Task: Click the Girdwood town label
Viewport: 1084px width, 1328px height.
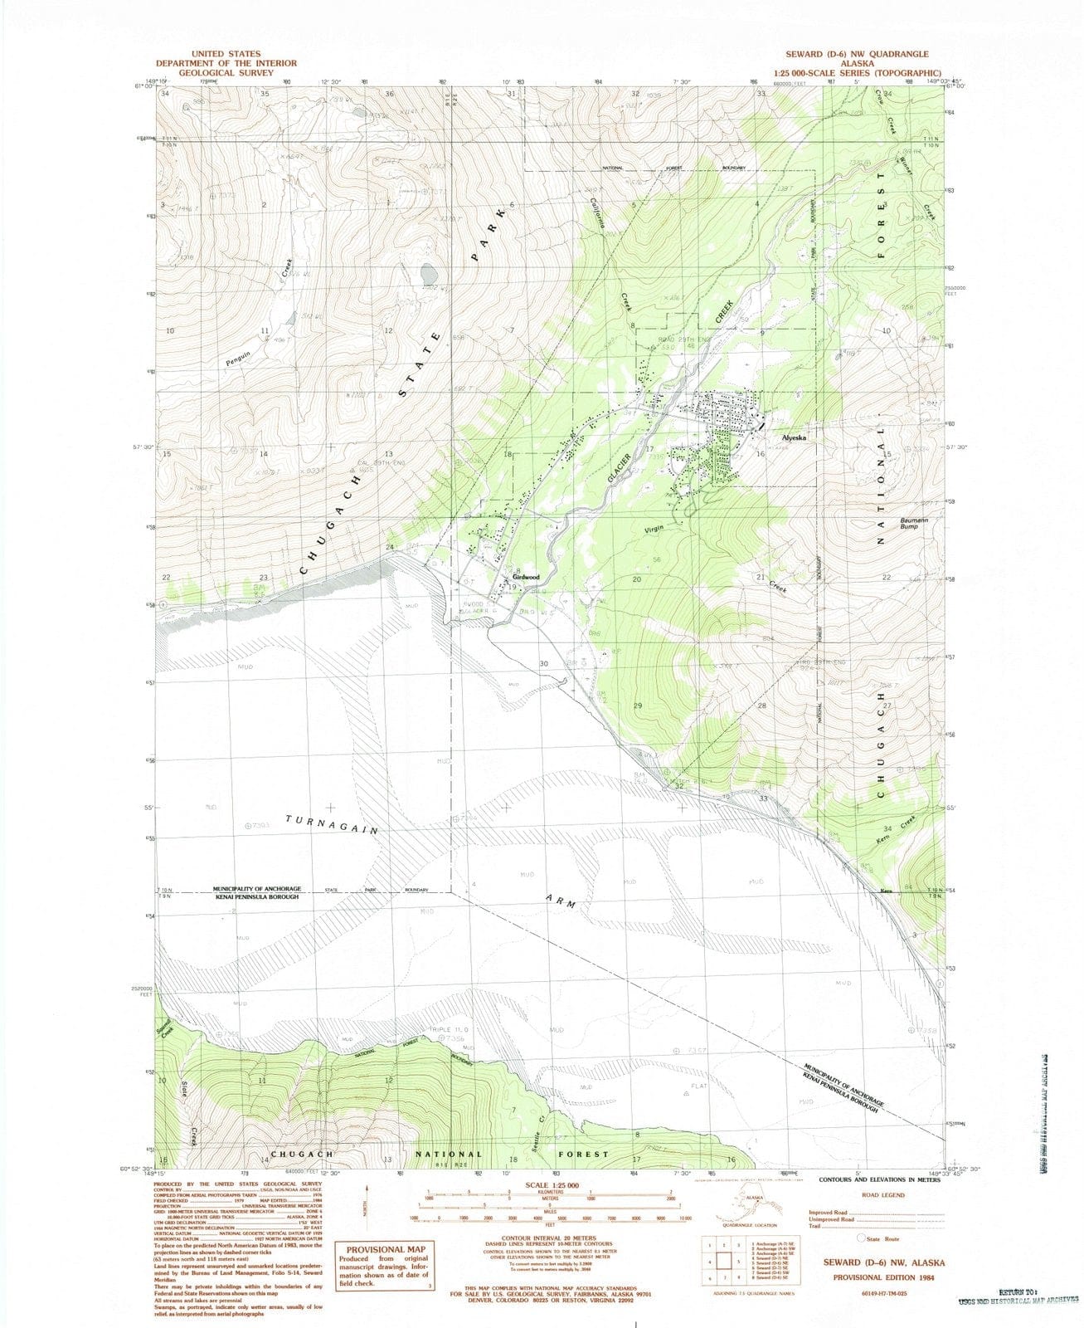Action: click(x=526, y=577)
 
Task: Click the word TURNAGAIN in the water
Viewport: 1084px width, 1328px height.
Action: click(x=332, y=824)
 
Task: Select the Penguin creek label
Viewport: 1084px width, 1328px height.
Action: click(x=237, y=357)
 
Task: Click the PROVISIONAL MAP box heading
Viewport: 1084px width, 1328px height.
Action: click(x=386, y=1249)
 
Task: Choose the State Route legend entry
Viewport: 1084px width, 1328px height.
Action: click(x=882, y=1238)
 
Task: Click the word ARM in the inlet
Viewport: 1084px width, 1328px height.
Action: click(x=561, y=901)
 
